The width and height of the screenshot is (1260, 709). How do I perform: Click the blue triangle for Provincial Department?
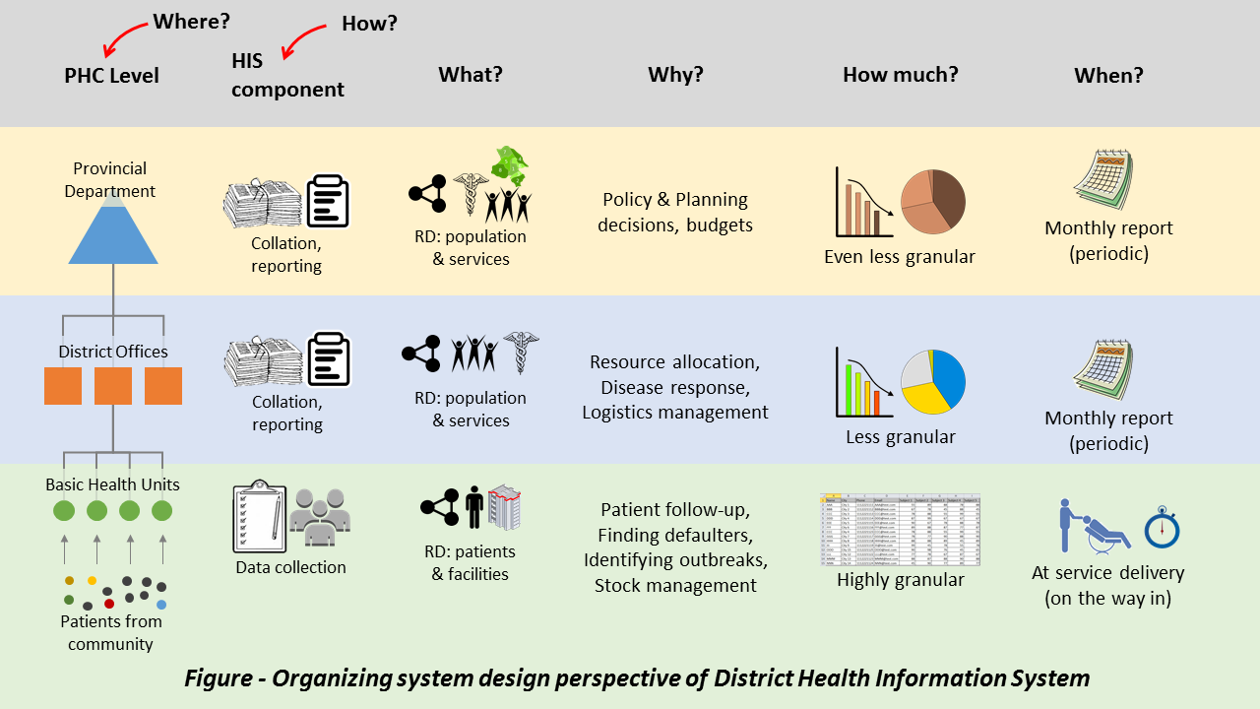[x=113, y=231]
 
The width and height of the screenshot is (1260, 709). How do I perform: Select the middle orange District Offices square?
[x=113, y=386]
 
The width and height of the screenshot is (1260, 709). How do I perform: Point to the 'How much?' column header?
[x=900, y=75]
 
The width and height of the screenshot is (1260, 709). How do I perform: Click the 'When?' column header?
[x=1108, y=76]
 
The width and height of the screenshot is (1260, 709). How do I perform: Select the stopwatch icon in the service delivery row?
[x=1162, y=527]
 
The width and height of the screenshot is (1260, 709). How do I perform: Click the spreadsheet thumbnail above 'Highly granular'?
[x=900, y=530]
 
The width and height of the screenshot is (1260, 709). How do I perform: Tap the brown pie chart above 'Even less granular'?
[x=933, y=202]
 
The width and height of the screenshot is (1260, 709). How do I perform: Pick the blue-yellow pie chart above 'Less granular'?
[x=933, y=381]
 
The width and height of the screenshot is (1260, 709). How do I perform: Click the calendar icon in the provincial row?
[x=1102, y=182]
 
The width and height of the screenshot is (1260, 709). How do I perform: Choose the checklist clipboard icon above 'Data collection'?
[x=259, y=517]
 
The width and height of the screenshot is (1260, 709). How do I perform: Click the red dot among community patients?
[x=109, y=604]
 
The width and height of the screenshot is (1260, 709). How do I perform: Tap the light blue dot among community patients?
[x=161, y=604]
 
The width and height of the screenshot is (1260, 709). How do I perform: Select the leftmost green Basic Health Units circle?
[x=64, y=511]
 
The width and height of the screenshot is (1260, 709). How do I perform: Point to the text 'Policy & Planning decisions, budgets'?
[x=675, y=213]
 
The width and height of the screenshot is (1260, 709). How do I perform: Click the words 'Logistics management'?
[x=675, y=413]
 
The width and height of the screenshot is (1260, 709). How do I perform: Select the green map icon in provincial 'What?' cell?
[x=510, y=163]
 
